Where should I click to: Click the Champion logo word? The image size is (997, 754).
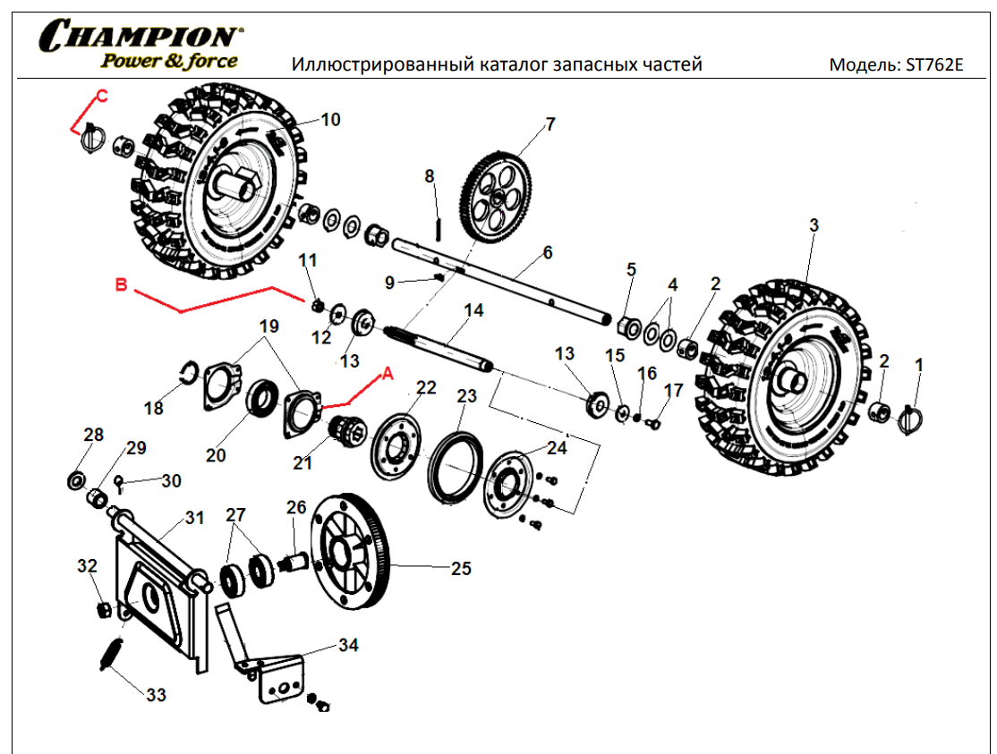coord(139,36)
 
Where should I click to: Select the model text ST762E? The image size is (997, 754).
coord(933,64)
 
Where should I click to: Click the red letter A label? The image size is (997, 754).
coord(387,375)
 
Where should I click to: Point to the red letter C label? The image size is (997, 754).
coord(101,94)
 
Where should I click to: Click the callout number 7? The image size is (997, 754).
coord(550,123)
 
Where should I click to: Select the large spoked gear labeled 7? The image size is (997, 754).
coord(495,197)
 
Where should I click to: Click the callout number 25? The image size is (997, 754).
coord(460,568)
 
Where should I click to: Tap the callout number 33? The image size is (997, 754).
coord(156,695)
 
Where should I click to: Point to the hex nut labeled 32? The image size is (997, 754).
coord(104,610)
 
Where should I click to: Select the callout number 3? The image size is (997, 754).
coord(814,225)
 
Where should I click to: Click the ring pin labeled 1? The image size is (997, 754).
coord(916,415)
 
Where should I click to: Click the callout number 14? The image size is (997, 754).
coord(473,310)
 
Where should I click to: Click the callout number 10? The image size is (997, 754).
coord(330,120)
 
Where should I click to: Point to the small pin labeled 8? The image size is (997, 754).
coord(439,228)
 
